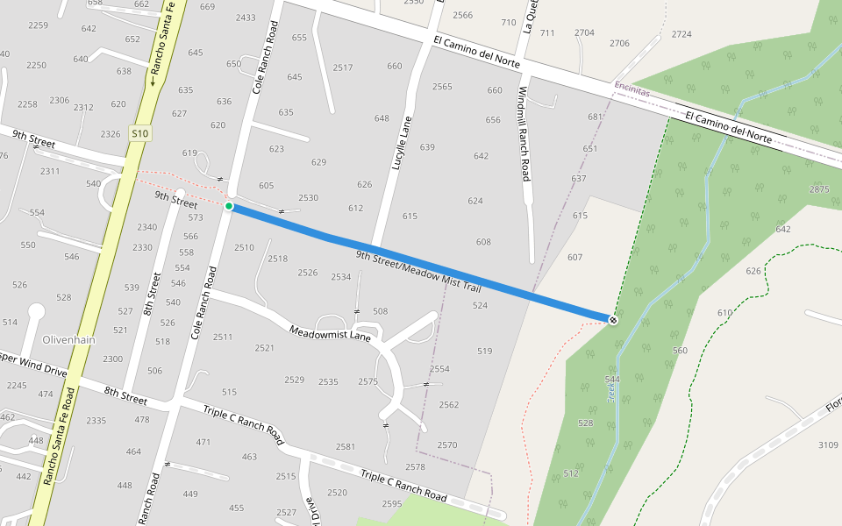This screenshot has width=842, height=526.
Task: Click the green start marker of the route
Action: (x=229, y=206)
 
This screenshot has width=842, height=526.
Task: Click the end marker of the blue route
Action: (x=613, y=320)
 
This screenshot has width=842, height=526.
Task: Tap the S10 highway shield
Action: (x=139, y=133)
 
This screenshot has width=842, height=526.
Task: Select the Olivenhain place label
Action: (x=68, y=339)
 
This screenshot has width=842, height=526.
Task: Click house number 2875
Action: (x=819, y=189)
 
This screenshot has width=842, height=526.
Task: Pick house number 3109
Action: (x=828, y=445)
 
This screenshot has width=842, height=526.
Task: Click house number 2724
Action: (x=681, y=34)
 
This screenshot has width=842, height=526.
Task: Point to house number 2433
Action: (x=246, y=18)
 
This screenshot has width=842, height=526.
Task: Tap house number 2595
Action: (x=392, y=503)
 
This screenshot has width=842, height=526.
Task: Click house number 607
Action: (x=574, y=257)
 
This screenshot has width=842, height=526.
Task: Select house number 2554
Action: (x=439, y=369)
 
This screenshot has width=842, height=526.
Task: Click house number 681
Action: (x=596, y=117)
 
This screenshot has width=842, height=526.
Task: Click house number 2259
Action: (x=38, y=25)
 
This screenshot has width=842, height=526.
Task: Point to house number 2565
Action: (x=442, y=86)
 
